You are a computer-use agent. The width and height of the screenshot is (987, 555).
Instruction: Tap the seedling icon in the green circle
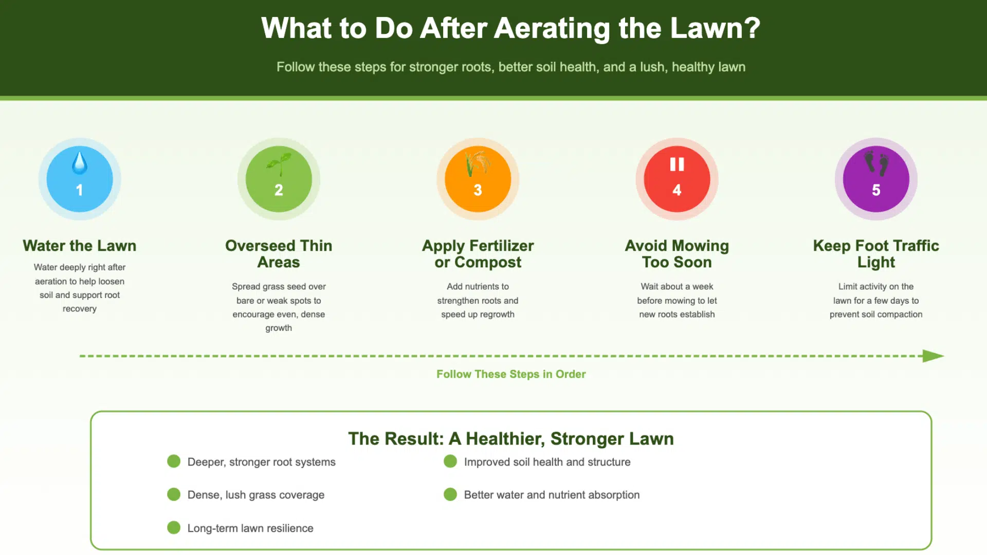(279, 163)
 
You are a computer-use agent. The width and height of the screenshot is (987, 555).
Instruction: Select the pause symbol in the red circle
(677, 164)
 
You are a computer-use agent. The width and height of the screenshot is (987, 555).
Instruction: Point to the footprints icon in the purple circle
(876, 163)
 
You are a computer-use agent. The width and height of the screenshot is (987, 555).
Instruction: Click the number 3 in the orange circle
(478, 190)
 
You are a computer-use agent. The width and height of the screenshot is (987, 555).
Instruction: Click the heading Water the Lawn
(80, 246)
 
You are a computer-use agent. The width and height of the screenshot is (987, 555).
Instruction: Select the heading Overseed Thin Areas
(279, 254)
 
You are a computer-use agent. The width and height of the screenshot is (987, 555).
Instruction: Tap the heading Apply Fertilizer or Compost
(478, 254)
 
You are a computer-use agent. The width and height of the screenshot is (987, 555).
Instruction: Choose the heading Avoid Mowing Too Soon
(677, 254)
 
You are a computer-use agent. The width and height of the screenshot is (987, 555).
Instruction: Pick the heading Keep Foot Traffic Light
(876, 254)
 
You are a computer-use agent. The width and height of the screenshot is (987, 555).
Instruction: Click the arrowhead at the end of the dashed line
(933, 356)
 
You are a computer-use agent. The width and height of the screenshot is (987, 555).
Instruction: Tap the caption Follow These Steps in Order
(511, 374)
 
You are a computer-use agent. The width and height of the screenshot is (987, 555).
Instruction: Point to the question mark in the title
(753, 28)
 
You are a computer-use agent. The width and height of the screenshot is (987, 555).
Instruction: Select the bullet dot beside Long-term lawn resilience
(174, 528)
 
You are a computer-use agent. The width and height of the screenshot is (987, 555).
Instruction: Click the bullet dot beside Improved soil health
(450, 461)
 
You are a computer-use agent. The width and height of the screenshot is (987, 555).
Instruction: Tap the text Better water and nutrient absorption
(552, 495)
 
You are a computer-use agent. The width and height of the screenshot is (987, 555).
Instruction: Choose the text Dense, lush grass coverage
(255, 495)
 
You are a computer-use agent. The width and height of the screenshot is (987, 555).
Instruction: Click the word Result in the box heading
(413, 439)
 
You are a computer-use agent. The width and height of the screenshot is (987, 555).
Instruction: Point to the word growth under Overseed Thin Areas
(279, 328)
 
